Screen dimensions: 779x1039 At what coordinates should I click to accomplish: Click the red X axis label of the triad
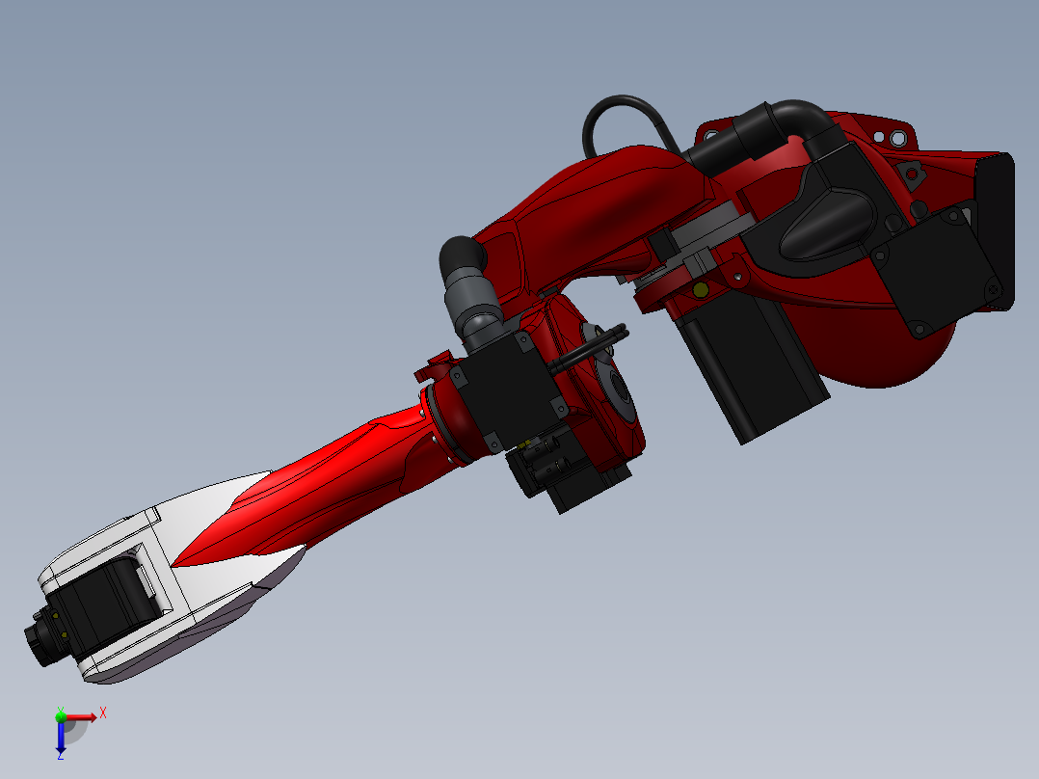coord(103,712)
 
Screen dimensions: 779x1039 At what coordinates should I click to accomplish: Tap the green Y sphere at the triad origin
coord(61,716)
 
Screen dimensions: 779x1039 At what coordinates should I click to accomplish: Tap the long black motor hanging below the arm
coord(752,371)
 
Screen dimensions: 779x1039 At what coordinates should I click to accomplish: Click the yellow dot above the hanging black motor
coord(701,289)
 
